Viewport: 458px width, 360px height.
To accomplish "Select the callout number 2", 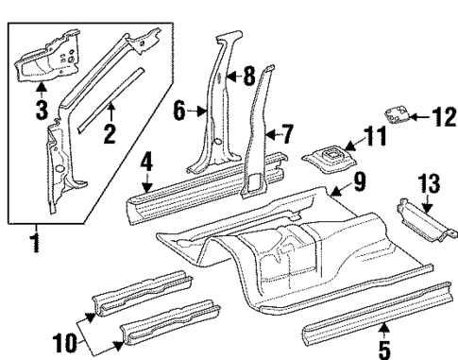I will coord(110,135).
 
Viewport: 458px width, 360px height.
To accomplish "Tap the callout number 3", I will coord(42,111).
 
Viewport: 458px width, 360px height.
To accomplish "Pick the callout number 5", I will coord(384,349).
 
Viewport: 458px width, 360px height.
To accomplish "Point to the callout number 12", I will coord(438,117).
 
